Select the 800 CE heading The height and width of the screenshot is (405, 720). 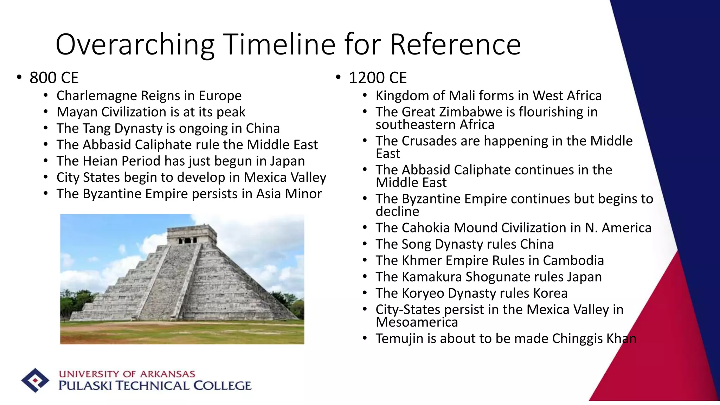tap(54, 78)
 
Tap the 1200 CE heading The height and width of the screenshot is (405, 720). tap(378, 78)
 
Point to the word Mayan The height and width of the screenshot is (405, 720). tap(77, 112)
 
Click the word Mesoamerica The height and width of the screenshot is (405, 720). tap(417, 322)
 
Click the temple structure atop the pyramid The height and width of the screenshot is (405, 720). tap(192, 235)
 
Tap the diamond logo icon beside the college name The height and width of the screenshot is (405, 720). tap(35, 380)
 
